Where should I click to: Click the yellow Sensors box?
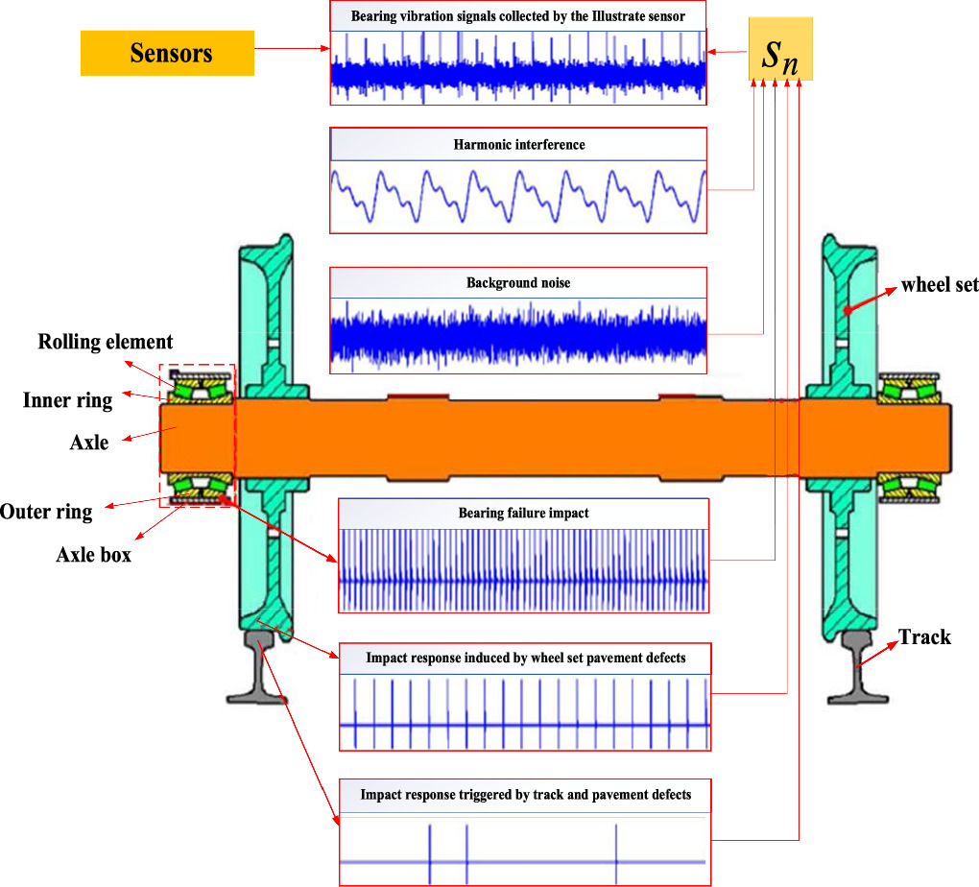167,52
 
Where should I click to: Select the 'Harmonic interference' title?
518,145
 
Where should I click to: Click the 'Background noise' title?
518,283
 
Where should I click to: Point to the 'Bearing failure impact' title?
524,513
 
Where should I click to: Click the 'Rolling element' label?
106,343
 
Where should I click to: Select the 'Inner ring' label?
67,400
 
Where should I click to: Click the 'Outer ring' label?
46,511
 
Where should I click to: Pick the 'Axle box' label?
93,554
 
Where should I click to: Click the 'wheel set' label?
939,285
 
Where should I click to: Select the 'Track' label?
924,636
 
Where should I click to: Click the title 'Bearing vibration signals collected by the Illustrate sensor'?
517,17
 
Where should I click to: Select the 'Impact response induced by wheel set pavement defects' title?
525,659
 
